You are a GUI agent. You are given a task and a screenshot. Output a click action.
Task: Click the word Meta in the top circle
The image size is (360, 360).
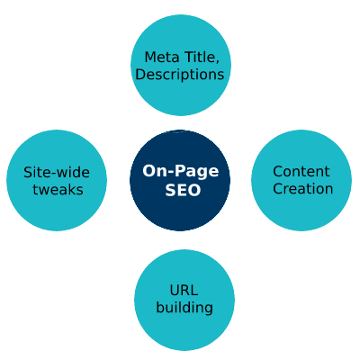[x=162, y=58]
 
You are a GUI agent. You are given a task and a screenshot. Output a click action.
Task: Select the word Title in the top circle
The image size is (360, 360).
[x=200, y=57]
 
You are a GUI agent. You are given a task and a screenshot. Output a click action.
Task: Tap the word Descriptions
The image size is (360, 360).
[x=180, y=75]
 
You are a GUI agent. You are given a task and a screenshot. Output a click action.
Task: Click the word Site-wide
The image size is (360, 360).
[x=57, y=173]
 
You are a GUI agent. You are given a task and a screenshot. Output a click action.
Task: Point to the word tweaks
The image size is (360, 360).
[x=58, y=190]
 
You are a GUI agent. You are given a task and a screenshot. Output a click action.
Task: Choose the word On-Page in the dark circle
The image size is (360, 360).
[x=181, y=172]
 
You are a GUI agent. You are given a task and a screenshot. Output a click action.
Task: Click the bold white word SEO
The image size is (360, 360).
[x=183, y=190]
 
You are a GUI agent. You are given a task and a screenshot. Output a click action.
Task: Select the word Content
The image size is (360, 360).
[x=301, y=172]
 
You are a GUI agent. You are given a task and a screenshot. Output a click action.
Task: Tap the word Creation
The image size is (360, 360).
[x=303, y=189]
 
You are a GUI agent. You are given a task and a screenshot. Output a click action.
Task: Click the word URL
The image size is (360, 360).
[x=184, y=291]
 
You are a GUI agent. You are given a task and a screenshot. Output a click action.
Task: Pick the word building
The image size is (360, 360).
[x=184, y=308]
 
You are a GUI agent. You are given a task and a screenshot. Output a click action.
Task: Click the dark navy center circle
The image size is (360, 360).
[x=180, y=180]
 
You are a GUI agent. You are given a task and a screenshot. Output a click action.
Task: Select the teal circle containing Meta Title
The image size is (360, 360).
[x=181, y=65]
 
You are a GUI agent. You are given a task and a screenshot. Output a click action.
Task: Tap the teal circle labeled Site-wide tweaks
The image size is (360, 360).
[x=57, y=180]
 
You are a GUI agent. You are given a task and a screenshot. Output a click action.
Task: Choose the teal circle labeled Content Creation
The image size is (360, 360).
[x=301, y=180]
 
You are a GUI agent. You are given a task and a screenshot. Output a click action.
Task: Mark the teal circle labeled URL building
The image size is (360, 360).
[x=184, y=300]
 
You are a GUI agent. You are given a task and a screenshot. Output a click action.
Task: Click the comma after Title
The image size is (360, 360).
[x=217, y=62]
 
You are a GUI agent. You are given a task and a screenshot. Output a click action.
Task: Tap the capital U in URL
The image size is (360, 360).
[x=175, y=291]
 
